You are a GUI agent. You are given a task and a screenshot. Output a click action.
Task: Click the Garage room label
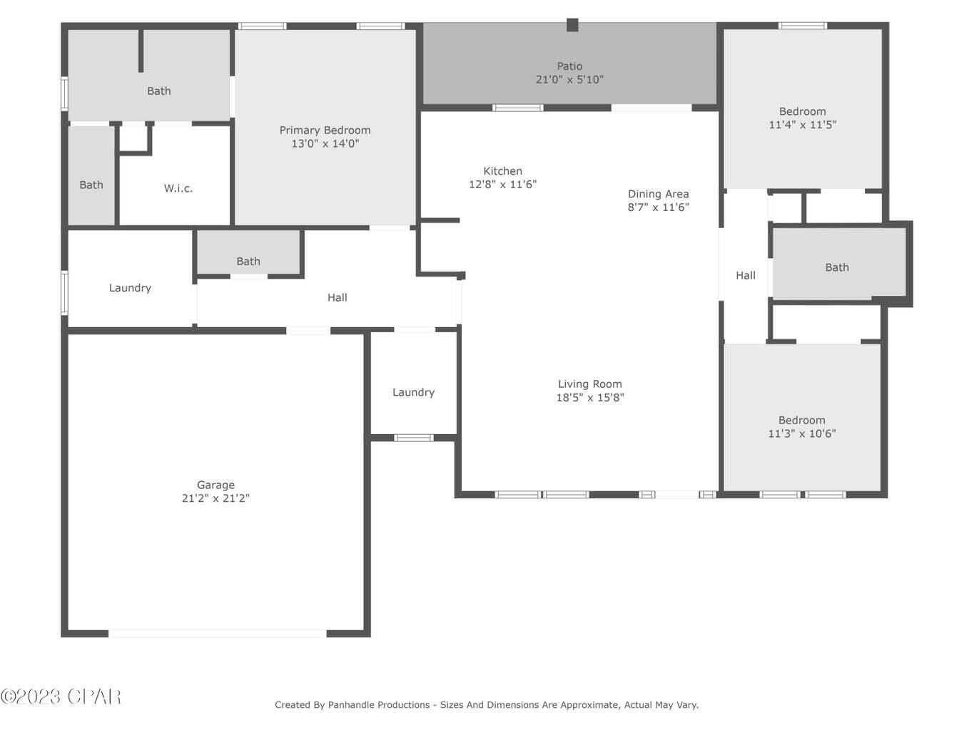[x=215, y=485]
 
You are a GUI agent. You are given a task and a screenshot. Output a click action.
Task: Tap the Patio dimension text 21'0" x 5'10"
[x=569, y=80]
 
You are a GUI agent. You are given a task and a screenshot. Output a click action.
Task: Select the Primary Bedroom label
[x=325, y=130]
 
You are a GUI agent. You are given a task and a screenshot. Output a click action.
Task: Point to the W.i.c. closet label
[x=178, y=188]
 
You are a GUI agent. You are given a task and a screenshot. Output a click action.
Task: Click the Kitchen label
[x=502, y=171]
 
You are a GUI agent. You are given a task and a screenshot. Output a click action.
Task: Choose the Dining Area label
[x=658, y=194]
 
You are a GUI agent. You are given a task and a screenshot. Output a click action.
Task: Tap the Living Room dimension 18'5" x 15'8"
[x=589, y=398]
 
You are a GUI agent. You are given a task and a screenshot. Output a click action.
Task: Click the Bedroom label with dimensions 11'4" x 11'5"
[x=802, y=111]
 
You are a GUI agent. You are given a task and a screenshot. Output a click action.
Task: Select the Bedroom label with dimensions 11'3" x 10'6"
[x=801, y=421]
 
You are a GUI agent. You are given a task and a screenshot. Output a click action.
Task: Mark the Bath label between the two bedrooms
[x=836, y=267]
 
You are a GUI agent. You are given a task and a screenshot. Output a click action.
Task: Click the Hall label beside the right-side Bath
[x=745, y=275]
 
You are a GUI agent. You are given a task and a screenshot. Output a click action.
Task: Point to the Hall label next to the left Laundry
[x=337, y=297]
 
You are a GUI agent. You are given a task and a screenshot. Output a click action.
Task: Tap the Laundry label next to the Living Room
[x=413, y=392]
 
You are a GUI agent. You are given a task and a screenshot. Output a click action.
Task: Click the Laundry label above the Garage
[x=130, y=288]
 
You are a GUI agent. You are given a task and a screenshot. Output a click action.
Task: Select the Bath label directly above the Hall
[x=248, y=262]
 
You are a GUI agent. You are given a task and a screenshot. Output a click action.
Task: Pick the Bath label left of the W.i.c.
[x=91, y=185]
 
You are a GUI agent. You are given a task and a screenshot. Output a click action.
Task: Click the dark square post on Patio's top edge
[x=572, y=25]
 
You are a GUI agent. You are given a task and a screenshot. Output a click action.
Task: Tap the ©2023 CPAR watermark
[x=61, y=696]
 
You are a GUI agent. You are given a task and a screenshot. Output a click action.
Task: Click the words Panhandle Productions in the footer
[x=378, y=705]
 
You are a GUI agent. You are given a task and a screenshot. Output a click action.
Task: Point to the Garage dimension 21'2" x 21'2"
[x=215, y=498]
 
